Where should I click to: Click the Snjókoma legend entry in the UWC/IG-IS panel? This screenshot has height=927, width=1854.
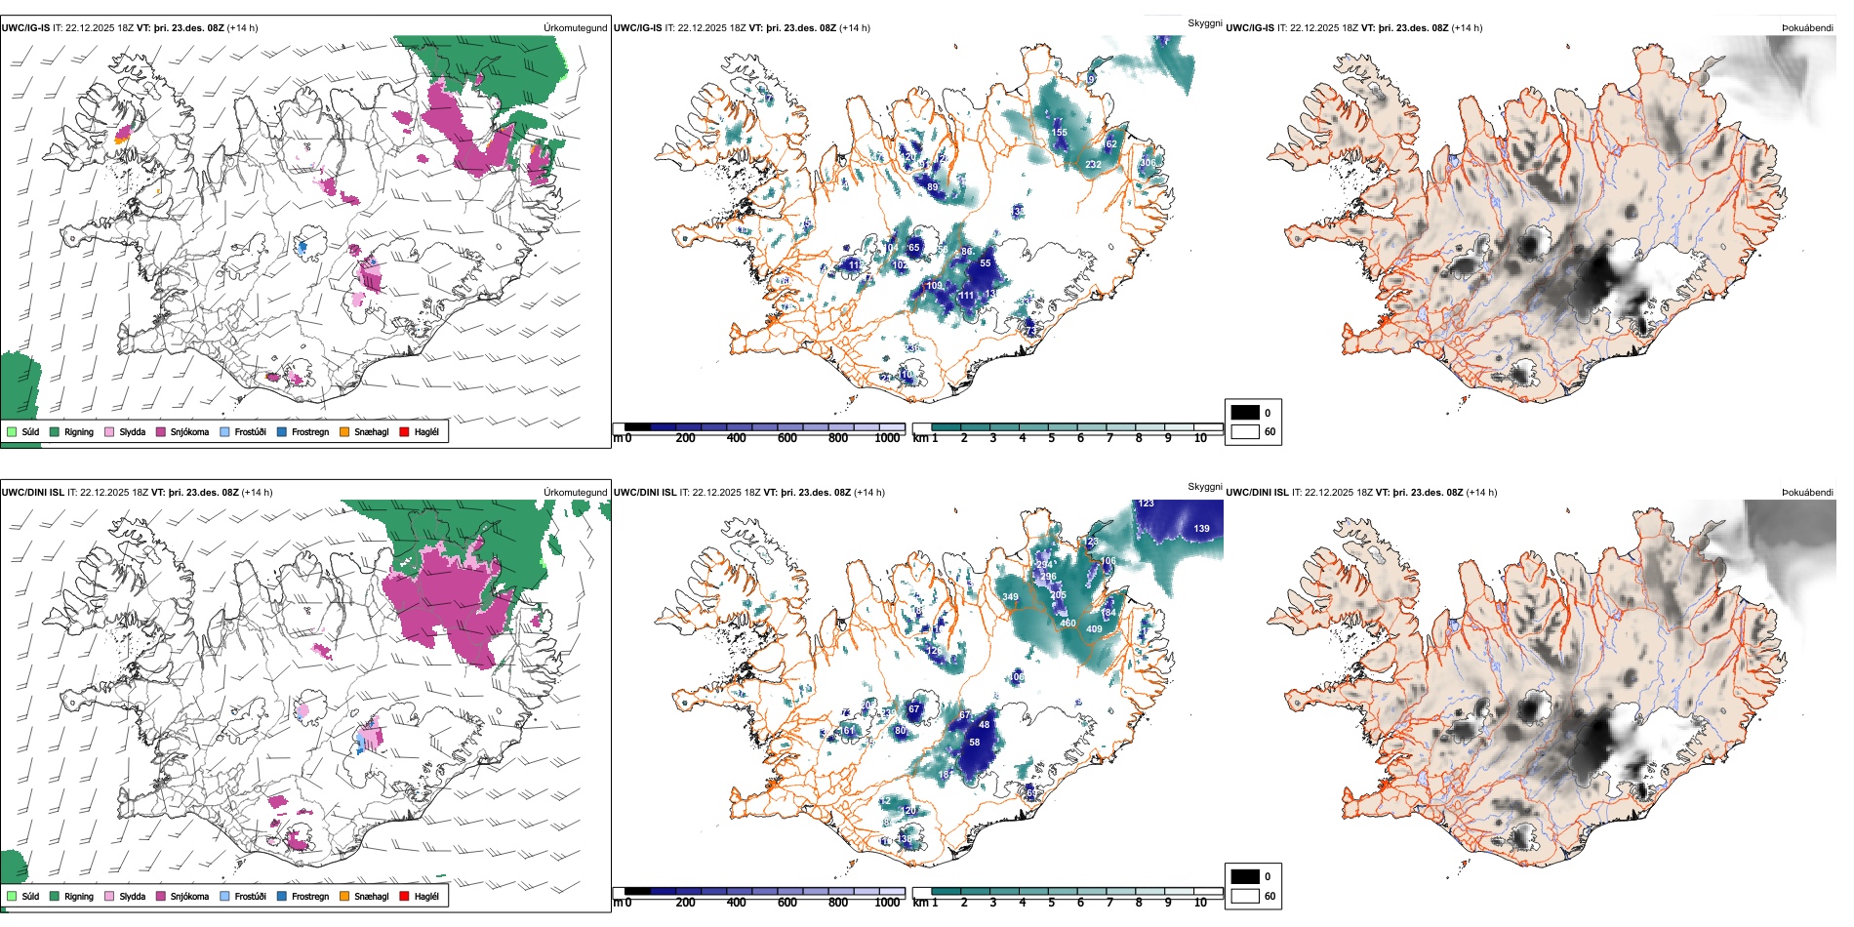pos(188,431)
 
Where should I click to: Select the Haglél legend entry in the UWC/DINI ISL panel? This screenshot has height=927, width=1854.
pos(425,896)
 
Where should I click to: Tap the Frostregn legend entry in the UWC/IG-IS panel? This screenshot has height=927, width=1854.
pos(309,431)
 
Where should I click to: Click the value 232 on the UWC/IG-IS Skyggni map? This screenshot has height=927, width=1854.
pos(1093,165)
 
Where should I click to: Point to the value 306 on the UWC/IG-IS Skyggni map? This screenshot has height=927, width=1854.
pos(1148,163)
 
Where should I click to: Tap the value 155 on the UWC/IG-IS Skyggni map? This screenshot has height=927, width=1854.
pos(1059,133)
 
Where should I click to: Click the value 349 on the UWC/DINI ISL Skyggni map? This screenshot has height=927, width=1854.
pos(1010,597)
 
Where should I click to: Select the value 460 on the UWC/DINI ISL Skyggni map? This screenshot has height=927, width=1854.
pos(1068,624)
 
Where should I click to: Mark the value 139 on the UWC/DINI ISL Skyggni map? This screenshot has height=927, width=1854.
pos(1201,529)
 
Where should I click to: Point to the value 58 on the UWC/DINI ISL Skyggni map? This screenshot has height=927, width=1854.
pos(974,743)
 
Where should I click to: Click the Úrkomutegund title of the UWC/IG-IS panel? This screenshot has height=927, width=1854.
pos(575,28)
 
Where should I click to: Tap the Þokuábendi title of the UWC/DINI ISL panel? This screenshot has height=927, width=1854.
pos(1807,493)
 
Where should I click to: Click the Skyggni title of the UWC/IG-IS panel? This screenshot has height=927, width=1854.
pos(1204,22)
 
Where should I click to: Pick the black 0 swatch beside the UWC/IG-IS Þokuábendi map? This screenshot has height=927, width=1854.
pos(1245,412)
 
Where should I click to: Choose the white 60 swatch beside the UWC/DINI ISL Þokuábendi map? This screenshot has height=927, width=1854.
pos(1245,896)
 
